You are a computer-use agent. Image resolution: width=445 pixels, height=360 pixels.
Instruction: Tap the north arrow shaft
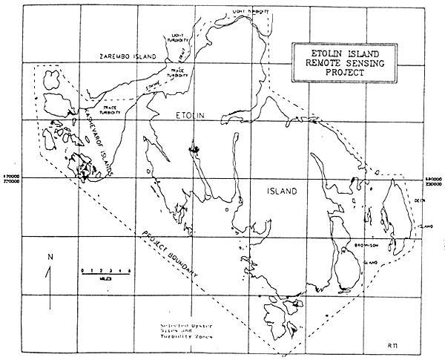50,286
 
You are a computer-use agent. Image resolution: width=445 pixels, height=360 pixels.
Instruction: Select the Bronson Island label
373,247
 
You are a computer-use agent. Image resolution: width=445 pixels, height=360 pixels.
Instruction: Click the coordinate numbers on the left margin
13,177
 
